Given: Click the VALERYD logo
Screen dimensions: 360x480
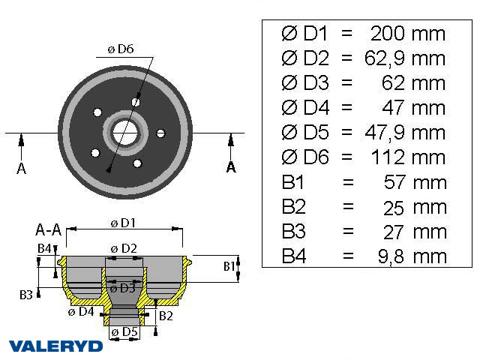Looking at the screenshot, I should click(56, 346).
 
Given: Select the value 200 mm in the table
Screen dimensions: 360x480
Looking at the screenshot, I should click(407, 33).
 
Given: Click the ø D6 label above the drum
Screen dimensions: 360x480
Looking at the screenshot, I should click(121, 49).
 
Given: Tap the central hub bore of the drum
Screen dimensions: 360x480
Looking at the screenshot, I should click(126, 132).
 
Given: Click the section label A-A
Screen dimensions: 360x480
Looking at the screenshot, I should click(49, 229).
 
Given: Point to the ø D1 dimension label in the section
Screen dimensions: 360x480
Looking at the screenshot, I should click(123, 223).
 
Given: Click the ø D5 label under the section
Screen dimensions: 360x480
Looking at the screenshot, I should click(124, 331).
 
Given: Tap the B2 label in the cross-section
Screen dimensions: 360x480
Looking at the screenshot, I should click(166, 316).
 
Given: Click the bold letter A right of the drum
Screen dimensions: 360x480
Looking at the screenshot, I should click(231, 166).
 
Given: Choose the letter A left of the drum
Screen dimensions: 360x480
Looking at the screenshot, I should click(21, 169).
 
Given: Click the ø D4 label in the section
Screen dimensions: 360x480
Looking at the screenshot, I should click(81, 311).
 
